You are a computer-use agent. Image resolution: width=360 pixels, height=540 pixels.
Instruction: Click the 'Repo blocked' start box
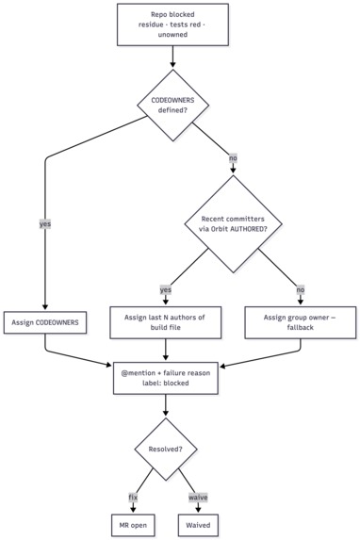pos(172,25)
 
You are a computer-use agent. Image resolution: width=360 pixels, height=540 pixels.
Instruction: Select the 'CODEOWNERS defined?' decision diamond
pos(173,105)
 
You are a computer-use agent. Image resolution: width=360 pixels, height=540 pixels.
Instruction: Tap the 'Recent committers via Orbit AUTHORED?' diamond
pos(233,224)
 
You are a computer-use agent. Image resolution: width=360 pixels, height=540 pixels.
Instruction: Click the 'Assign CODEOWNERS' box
pos(45,322)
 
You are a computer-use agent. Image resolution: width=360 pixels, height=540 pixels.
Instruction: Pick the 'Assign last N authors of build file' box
pos(165,322)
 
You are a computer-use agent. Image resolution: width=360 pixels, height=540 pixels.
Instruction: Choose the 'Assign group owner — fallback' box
pos(300,322)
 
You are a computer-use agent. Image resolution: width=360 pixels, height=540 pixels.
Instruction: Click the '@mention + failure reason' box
pos(165,378)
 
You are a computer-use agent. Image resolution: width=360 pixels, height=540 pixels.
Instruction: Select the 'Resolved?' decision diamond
pos(165,450)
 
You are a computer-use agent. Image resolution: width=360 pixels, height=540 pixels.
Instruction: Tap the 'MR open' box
pos(133,525)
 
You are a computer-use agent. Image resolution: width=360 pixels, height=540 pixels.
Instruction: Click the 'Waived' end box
pos(198,525)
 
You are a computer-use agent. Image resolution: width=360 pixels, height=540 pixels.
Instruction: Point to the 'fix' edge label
pos(133,498)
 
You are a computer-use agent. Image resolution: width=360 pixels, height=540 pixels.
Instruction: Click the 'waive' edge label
pos(198,498)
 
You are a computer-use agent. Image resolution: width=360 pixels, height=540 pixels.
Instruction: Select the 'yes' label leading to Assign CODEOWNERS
pos(45,224)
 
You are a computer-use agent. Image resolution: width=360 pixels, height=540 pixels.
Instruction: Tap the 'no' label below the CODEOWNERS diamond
pos(233,158)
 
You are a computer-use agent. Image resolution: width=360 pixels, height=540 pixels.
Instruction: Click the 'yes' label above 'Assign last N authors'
pos(166,289)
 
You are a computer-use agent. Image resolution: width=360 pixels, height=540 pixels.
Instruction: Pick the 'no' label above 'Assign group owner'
pos(301,289)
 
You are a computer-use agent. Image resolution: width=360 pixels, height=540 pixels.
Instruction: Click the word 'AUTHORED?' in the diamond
pos(249,229)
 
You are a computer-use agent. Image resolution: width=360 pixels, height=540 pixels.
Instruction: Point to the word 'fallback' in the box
pos(300,327)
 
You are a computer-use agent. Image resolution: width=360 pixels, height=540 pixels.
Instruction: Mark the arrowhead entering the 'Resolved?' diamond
pos(166,415)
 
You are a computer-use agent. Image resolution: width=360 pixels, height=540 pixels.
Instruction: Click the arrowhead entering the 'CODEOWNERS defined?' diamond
pos(172,65)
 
